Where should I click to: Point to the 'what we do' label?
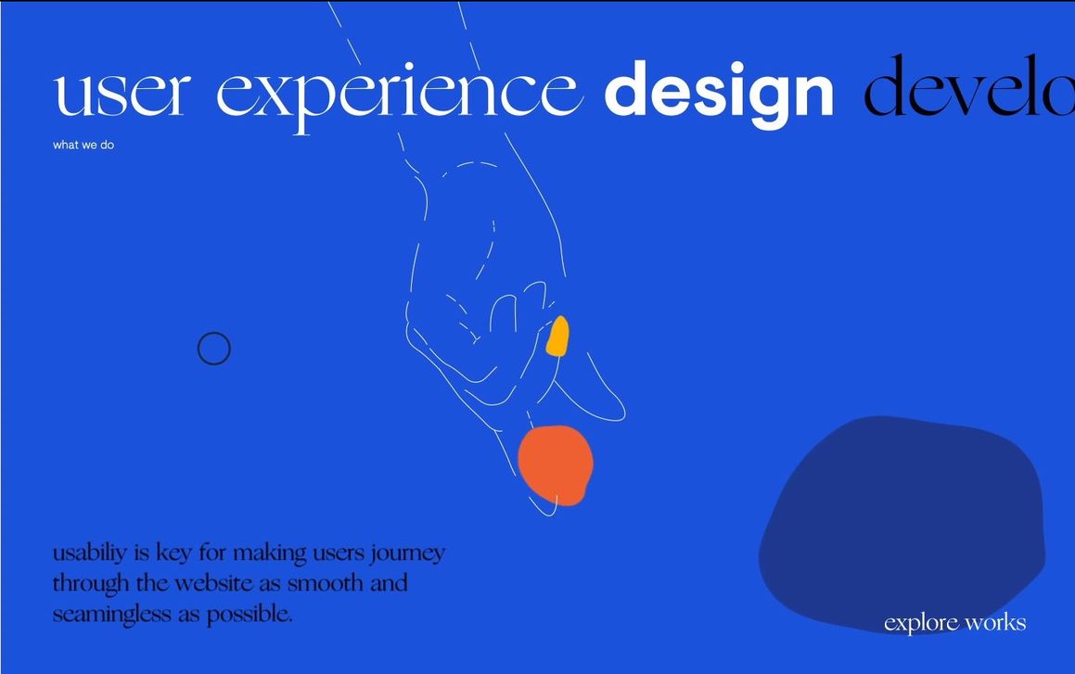click(83, 146)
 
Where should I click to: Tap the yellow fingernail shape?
click(558, 337)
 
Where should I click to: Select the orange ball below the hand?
click(556, 465)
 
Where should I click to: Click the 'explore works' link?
click(955, 623)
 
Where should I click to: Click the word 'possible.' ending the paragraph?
click(250, 615)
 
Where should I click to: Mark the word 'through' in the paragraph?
click(91, 584)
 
